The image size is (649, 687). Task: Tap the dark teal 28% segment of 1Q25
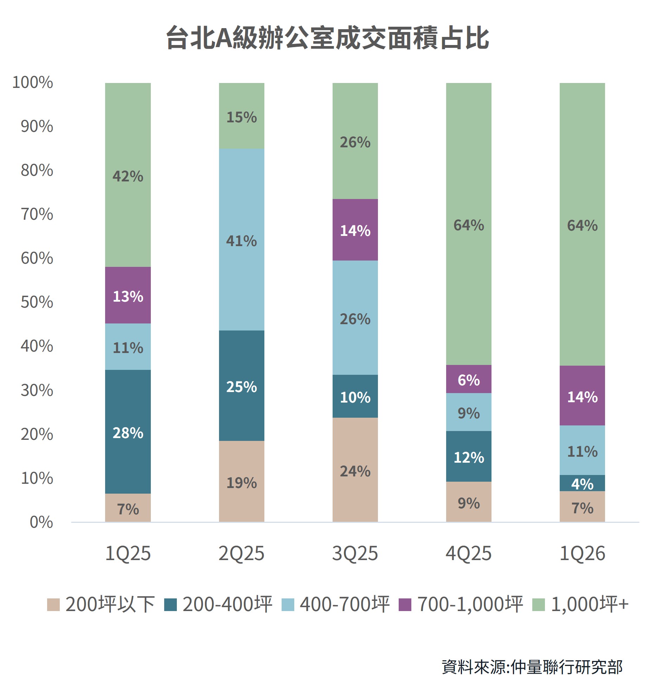(x=128, y=432)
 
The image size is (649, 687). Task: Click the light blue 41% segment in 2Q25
(x=241, y=240)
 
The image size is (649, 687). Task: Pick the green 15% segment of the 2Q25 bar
(x=241, y=116)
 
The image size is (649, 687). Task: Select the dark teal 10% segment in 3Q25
(x=355, y=397)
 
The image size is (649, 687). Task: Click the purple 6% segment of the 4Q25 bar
(x=468, y=379)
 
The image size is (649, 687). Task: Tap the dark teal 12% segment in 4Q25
(x=468, y=457)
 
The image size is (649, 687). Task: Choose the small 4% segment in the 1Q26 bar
(x=582, y=483)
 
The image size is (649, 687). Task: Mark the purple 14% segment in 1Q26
(x=582, y=396)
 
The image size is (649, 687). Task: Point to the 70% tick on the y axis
(x=37, y=214)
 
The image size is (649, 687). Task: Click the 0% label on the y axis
(x=41, y=522)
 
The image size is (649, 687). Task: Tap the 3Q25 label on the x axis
(x=355, y=553)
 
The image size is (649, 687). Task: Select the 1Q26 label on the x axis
(x=582, y=553)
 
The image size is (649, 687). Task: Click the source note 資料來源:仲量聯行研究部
(x=532, y=667)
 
